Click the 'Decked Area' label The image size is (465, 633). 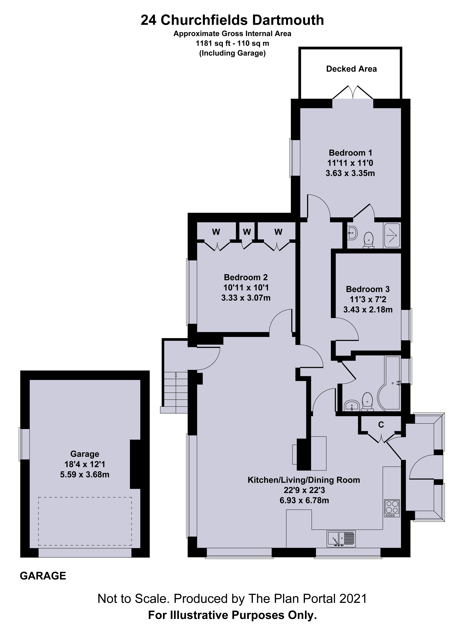(x=351, y=69)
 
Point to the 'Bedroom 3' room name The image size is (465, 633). (x=368, y=289)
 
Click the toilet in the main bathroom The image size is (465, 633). (x=367, y=402)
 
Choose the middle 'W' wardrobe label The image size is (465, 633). (x=247, y=232)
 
